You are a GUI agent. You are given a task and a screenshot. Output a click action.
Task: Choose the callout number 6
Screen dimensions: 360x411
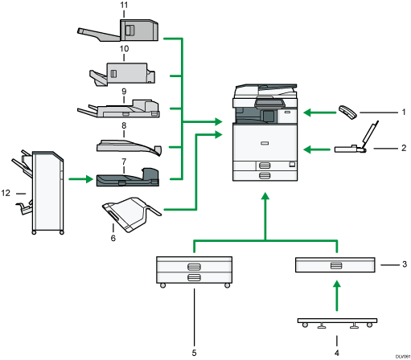(x=113, y=238)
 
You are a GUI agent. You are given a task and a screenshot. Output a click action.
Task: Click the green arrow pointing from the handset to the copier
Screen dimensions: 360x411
(x=316, y=113)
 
